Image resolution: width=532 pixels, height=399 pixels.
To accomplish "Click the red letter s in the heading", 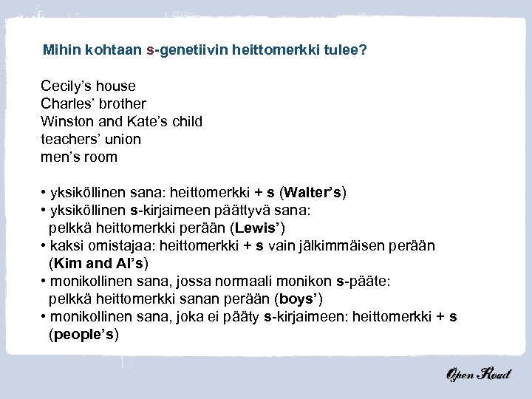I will (150, 51).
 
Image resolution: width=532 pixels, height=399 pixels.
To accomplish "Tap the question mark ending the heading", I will (363, 51).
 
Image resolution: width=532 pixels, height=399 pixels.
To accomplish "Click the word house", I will (117, 86).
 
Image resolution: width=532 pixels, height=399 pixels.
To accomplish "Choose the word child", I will (185, 122).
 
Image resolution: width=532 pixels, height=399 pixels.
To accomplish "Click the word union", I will (123, 140).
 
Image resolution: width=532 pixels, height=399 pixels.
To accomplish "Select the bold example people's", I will (83, 334).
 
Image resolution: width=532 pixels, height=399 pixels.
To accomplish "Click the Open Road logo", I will (478, 374).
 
